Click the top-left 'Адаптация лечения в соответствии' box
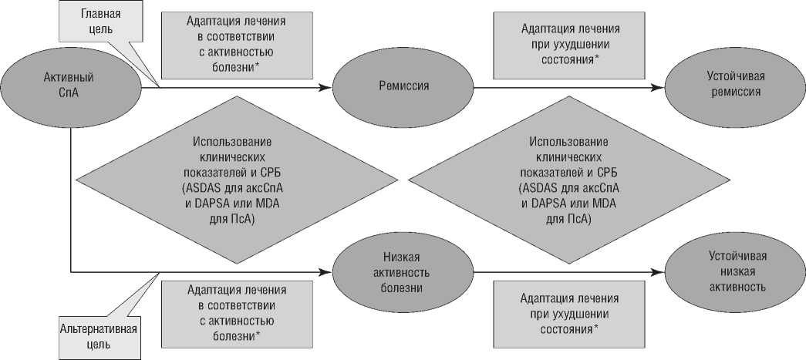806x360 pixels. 238,45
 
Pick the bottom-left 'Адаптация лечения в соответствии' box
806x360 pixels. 237,313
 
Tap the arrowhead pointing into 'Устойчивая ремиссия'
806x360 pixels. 658,87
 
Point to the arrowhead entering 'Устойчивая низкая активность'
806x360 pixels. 658,271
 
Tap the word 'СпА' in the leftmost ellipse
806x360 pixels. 70,93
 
